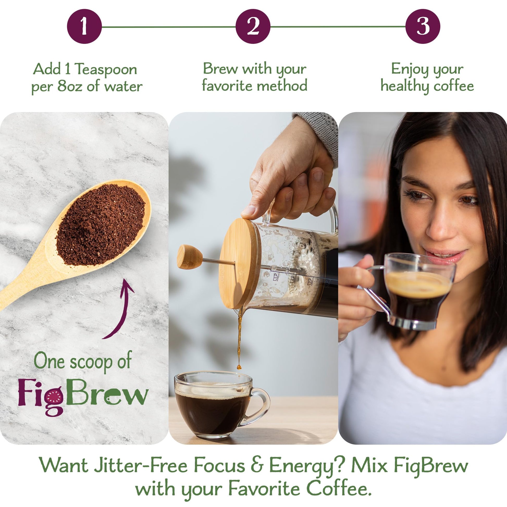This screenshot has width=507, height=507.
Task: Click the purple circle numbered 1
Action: [x=84, y=27]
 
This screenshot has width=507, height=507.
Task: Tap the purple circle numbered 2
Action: [x=253, y=27]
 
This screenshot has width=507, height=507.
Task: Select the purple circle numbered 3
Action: [x=423, y=27]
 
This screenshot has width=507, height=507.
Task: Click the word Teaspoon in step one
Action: [x=106, y=69]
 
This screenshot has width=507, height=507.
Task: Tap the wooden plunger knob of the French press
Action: [x=189, y=257]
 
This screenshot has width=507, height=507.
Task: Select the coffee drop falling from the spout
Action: [x=239, y=367]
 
